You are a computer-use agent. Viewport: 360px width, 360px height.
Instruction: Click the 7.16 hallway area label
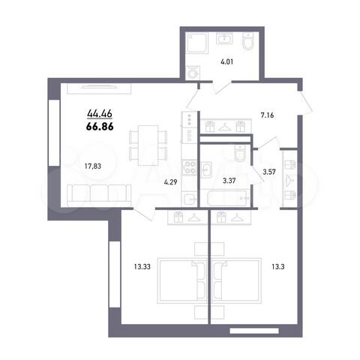click(268, 115)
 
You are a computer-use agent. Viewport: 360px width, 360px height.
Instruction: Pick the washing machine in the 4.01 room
click(193, 73)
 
